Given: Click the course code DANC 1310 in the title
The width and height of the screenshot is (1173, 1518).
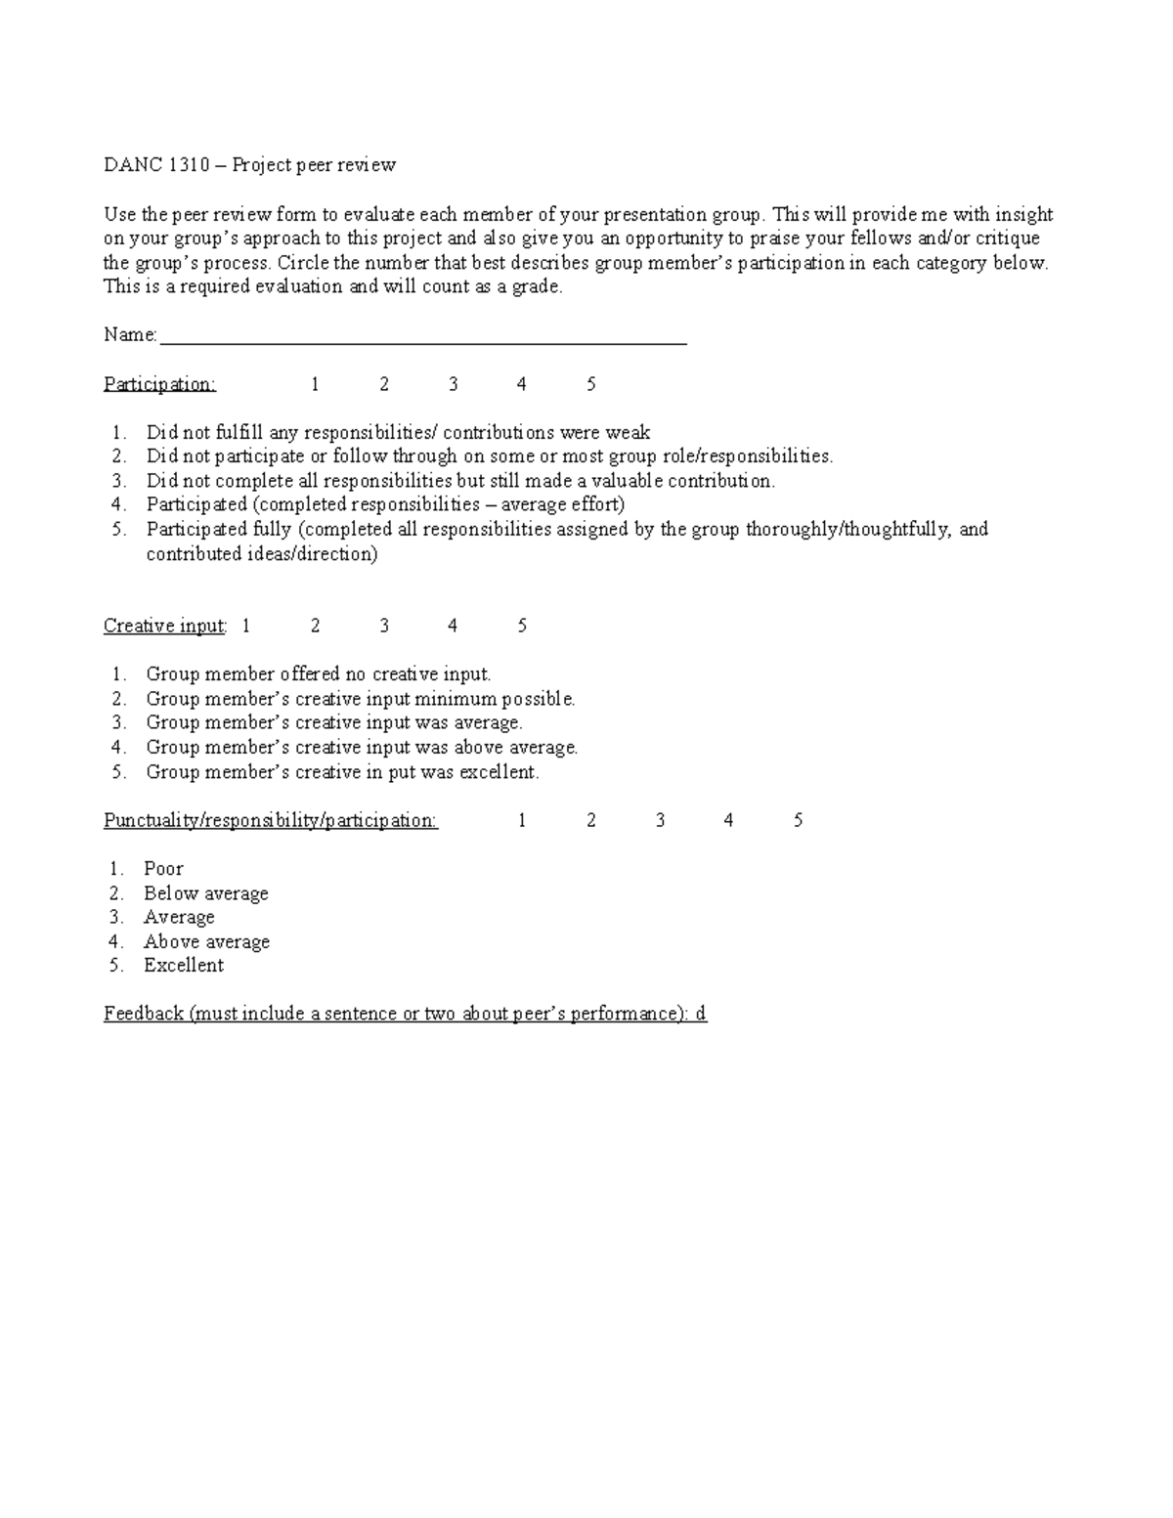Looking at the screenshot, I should click(156, 165).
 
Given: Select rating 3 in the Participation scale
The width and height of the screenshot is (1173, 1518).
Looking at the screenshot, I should click(454, 384).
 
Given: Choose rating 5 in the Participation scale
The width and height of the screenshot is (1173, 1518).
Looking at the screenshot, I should click(591, 384).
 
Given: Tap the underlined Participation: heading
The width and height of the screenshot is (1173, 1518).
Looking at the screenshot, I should click(159, 384).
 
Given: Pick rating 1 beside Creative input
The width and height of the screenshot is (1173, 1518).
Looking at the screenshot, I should click(246, 626).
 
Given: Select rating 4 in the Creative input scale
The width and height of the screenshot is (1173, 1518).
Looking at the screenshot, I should click(453, 626).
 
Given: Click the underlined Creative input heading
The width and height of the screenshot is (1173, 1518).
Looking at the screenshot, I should click(164, 626).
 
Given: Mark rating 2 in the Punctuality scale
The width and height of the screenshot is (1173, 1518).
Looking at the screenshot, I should click(591, 820).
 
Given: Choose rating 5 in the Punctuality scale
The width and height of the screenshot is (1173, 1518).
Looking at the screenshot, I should click(799, 820).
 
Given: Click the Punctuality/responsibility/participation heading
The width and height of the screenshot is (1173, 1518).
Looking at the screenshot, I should click(271, 820).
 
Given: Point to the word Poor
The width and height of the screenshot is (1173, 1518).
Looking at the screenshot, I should click(163, 869).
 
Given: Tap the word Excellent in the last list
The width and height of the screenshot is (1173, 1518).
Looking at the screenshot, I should click(184, 966).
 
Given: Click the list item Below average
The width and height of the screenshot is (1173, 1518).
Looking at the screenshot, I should click(205, 893).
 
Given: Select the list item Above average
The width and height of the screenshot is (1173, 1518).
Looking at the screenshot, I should click(206, 942).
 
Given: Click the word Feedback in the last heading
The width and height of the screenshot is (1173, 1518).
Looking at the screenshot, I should click(144, 1014).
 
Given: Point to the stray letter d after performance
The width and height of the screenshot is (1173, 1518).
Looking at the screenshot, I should click(700, 1014).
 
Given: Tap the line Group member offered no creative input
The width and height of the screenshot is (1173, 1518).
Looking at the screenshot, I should click(318, 674).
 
